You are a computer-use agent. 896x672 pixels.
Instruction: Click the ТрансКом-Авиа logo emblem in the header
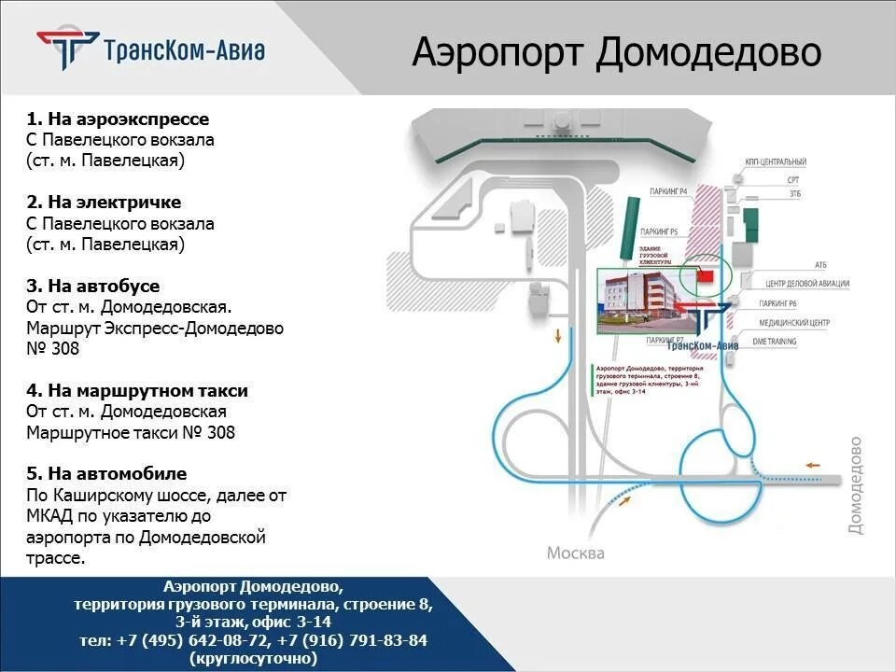click(68, 49)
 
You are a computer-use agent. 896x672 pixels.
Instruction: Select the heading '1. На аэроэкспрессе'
click(118, 119)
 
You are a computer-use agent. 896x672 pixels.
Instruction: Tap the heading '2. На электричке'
click(104, 203)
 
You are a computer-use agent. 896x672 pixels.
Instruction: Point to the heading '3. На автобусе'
click(93, 286)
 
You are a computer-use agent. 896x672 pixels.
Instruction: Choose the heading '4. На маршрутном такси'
click(137, 390)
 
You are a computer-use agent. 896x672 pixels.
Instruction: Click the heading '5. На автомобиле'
click(106, 473)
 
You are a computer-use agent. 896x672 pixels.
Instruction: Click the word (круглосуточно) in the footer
click(253, 658)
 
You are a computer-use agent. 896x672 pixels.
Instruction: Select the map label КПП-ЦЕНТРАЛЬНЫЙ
click(776, 162)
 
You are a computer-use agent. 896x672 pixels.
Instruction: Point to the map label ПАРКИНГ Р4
click(668, 191)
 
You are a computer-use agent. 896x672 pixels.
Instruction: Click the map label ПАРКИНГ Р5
click(665, 231)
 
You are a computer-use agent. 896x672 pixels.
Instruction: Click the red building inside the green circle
click(705, 276)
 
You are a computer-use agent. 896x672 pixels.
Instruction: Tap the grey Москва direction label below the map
click(575, 553)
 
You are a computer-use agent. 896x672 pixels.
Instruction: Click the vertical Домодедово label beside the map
click(855, 485)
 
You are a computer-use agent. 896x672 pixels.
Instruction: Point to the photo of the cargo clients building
click(635, 301)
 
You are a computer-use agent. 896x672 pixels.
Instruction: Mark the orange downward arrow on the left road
click(558, 336)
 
